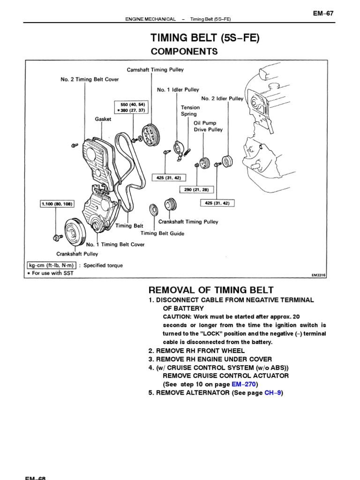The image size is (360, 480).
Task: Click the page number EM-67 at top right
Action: point(323,14)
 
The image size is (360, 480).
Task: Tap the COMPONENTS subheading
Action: point(184,52)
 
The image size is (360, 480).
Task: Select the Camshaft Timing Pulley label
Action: point(155,70)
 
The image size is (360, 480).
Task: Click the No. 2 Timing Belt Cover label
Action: point(90,80)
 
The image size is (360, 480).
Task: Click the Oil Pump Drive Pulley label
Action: point(208,126)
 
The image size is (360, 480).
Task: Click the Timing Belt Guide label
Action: point(162,233)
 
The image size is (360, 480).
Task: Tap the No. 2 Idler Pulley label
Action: point(222,99)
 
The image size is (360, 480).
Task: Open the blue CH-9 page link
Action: point(272,393)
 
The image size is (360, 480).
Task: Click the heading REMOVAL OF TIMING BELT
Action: point(211,290)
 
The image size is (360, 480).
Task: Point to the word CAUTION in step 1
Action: point(179,317)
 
